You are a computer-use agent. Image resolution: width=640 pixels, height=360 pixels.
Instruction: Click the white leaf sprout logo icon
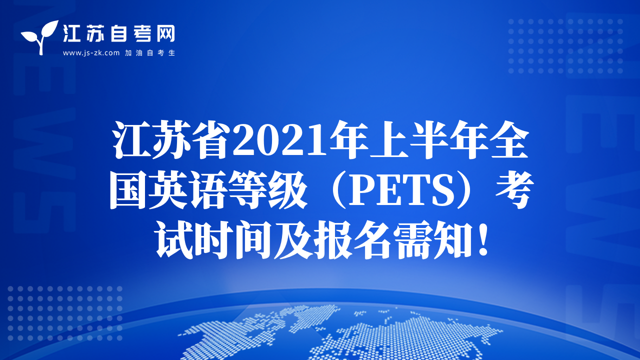tap(39, 37)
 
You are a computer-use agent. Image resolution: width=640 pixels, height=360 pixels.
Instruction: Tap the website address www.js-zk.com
tap(91, 53)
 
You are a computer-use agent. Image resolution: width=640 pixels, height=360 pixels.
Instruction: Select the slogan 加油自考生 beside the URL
tap(150, 53)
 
